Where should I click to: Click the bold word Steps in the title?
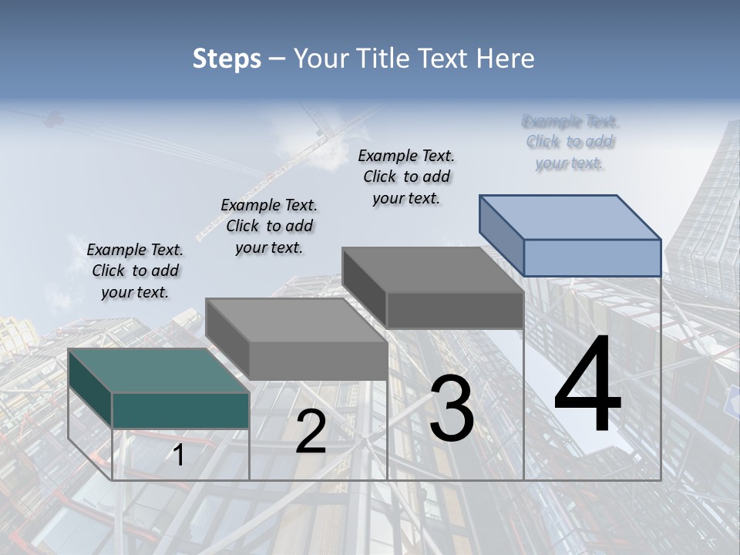point(227,59)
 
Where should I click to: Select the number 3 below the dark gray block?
point(452,409)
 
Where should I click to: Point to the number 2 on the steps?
point(311,432)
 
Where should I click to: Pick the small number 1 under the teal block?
point(179,455)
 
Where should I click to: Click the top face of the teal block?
point(158,370)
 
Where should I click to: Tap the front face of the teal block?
point(180,410)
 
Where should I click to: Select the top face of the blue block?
point(570,217)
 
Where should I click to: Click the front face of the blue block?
point(592,257)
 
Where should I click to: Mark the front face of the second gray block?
point(318,361)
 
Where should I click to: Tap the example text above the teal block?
point(135,271)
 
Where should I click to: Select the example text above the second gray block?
point(269,227)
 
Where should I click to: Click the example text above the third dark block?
point(406,177)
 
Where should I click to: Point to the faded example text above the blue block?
point(570,142)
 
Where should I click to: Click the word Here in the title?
point(506,59)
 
